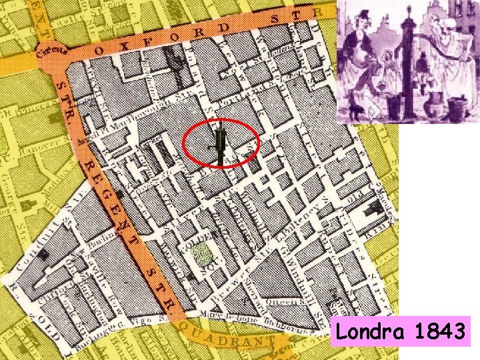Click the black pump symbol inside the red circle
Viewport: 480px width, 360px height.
click(x=220, y=144)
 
